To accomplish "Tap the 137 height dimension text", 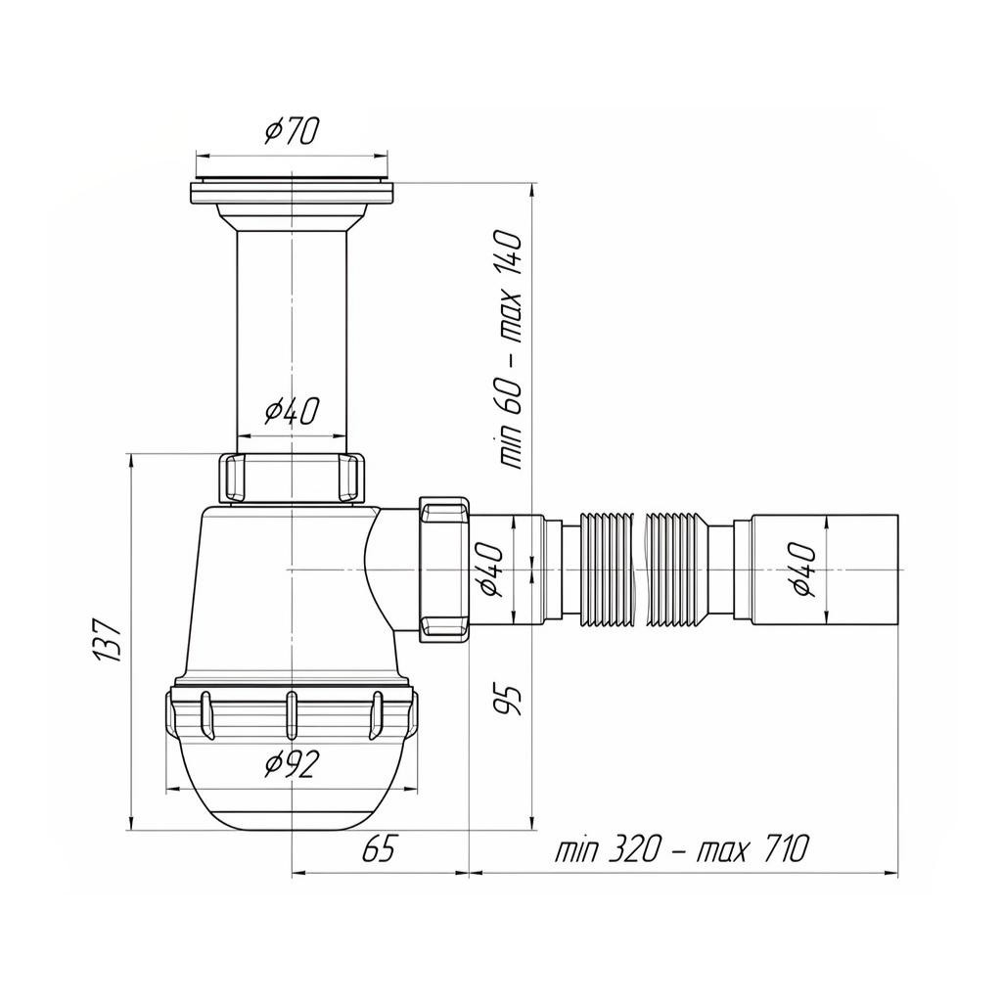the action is tap(108, 640).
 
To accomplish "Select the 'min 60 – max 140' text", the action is tap(511, 350).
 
